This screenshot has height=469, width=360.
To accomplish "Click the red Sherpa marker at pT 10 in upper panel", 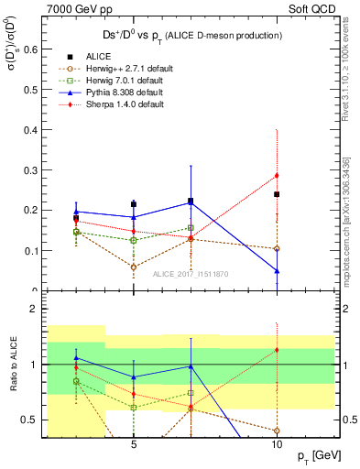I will pyautogui.click(x=277, y=175).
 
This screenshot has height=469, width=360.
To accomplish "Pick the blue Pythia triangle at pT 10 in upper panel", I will pyautogui.click(x=277, y=271).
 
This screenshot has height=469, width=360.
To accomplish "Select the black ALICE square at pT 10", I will pyautogui.click(x=277, y=194).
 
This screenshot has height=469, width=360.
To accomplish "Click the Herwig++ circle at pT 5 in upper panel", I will pyautogui.click(x=134, y=267).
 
